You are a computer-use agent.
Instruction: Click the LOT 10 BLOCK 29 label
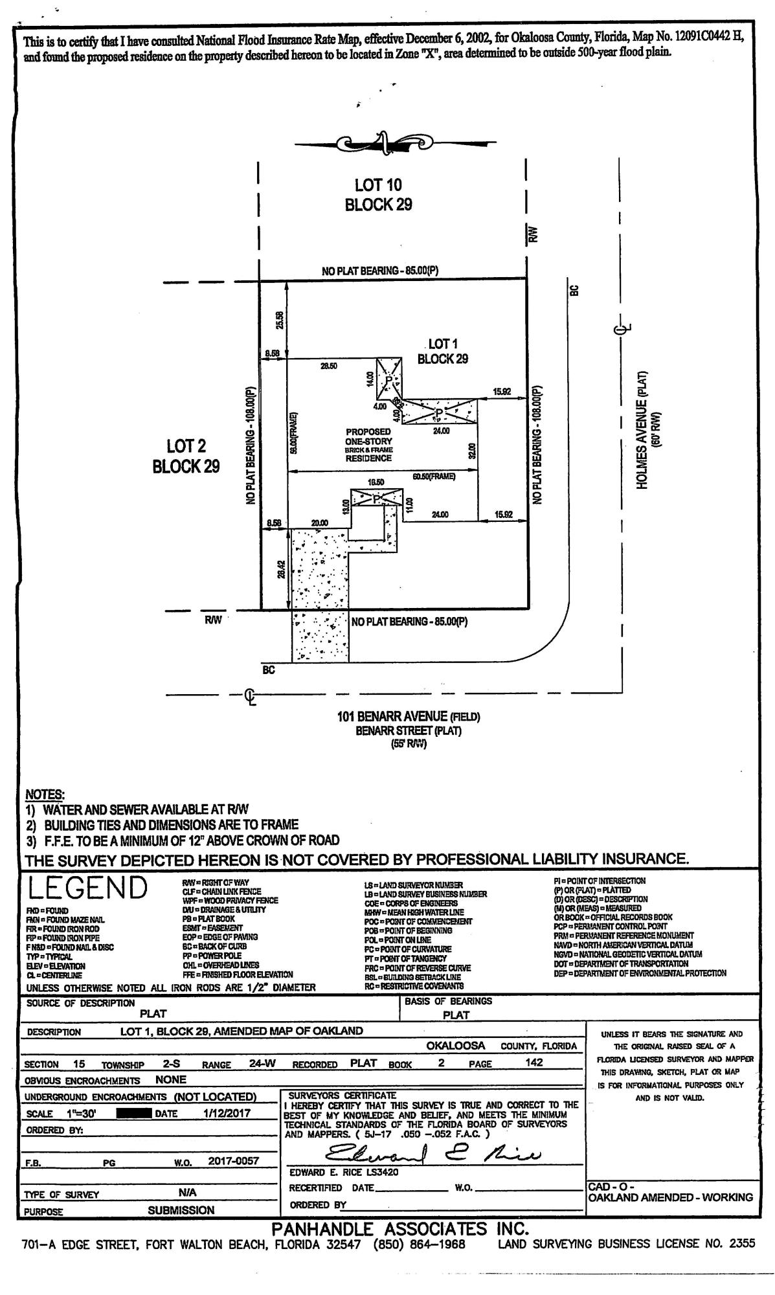378,195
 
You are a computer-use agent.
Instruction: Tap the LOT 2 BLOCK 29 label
186,456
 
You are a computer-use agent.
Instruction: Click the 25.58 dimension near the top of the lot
279,320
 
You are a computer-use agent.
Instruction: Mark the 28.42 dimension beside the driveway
280,570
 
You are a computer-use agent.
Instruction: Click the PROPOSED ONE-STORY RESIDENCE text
368,444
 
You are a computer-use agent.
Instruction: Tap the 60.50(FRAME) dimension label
434,477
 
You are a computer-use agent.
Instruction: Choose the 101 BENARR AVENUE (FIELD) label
408,717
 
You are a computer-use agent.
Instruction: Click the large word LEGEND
87,888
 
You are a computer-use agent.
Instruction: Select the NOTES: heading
45,794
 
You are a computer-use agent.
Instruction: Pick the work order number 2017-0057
234,1161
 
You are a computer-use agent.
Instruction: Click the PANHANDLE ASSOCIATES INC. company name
400,1228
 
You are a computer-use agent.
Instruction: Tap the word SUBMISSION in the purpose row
181,1210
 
